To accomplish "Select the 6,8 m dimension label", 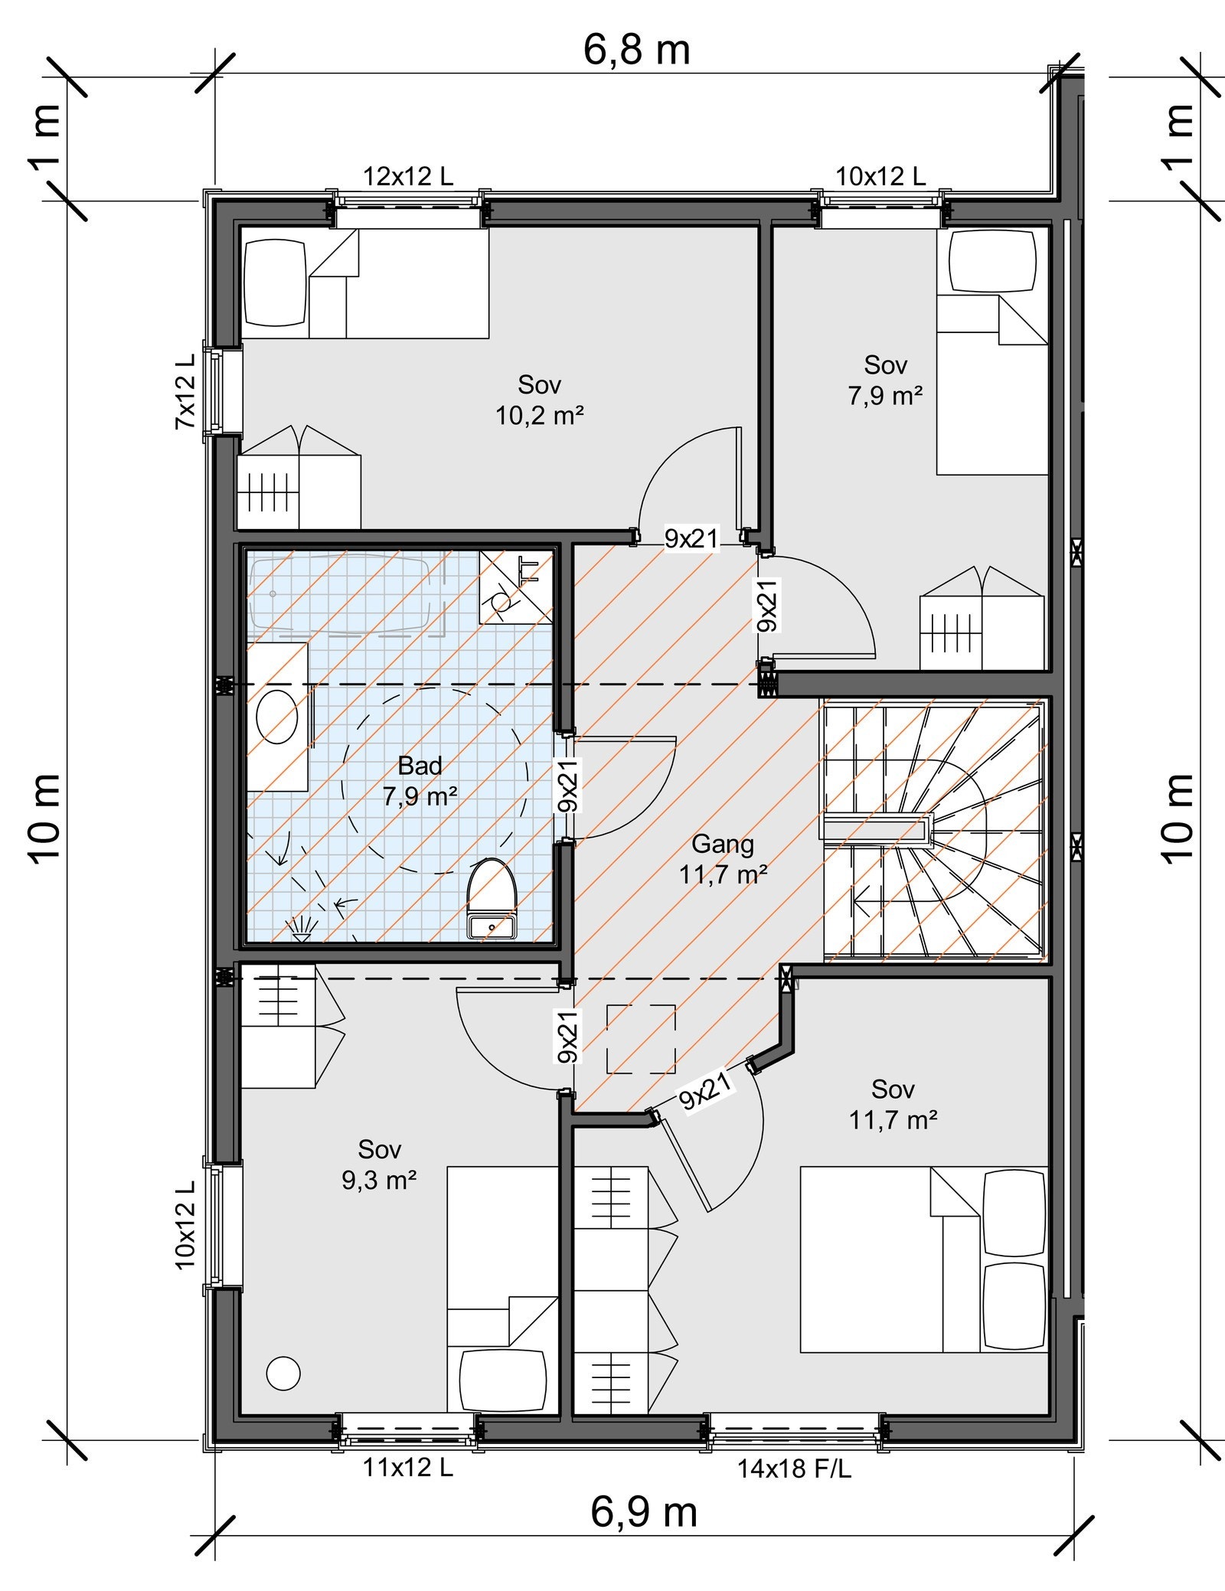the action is point(636,51).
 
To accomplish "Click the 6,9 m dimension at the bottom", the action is point(644,1512).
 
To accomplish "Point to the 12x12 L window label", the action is point(407,177).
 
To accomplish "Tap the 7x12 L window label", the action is point(186,390).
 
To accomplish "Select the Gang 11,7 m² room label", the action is point(723,859).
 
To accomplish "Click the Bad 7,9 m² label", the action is point(420,781).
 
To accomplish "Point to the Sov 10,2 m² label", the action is point(540,400).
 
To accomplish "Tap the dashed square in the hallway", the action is point(641,1038).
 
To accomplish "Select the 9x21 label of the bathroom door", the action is point(568,785).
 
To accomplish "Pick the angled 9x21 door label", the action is point(705,1090).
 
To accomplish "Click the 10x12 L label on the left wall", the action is point(186,1224).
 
